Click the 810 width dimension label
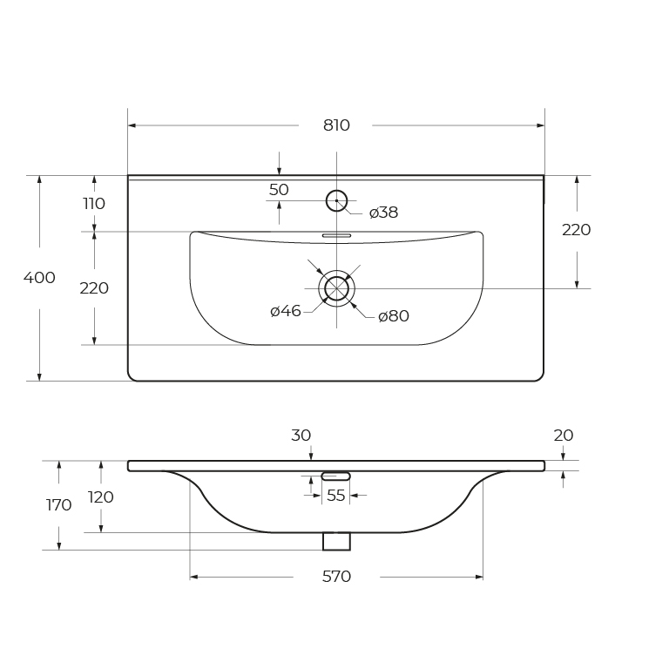[x=336, y=125]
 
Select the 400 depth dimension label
[x=39, y=278]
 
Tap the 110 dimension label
[x=94, y=204]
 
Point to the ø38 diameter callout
[x=383, y=212]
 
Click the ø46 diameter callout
[x=286, y=311]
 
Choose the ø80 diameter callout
[x=394, y=316]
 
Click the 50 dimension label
[x=279, y=189]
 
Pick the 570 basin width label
[x=336, y=577]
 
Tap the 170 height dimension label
[x=59, y=505]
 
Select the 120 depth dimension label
[x=101, y=497]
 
